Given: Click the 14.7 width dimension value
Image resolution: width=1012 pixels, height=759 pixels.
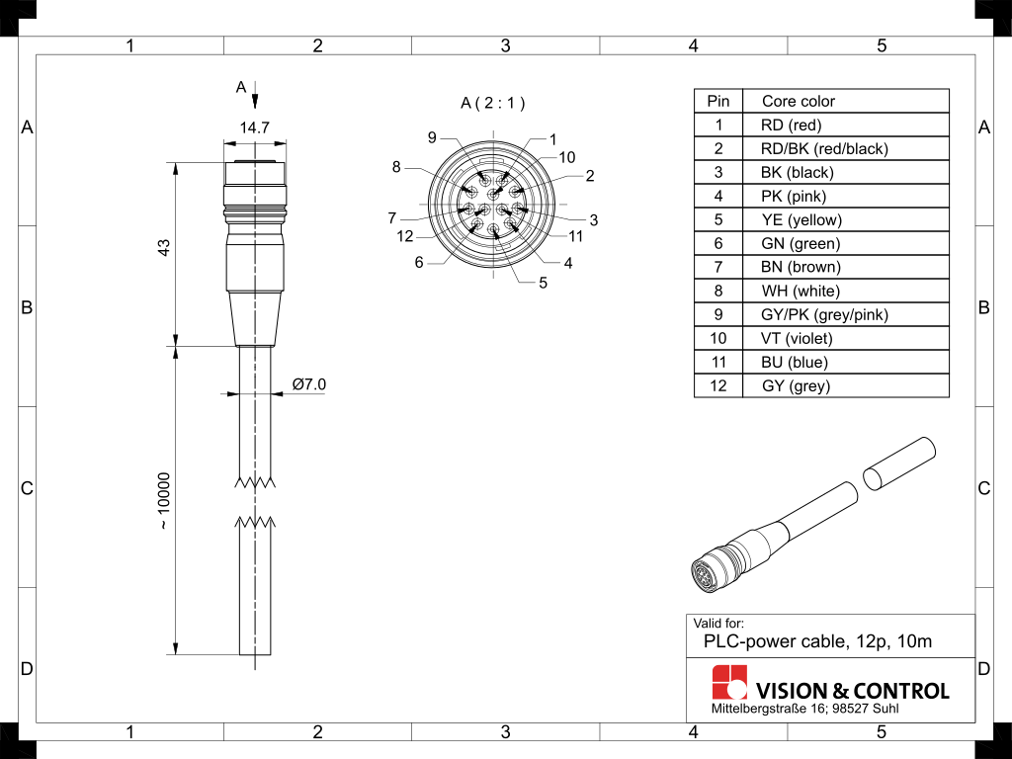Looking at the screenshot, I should tap(255, 127).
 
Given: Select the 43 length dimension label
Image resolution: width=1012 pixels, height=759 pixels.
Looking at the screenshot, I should tap(165, 248).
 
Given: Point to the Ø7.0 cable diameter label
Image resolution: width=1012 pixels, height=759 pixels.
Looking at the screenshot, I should tap(308, 384).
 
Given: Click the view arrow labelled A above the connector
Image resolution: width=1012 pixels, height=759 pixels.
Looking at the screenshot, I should tap(255, 98).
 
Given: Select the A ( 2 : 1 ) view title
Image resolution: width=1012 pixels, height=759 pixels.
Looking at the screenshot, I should tap(493, 103).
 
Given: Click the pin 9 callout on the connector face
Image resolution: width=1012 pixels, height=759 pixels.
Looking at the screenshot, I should tap(432, 137).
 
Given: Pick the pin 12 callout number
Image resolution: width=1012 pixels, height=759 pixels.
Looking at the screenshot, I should tap(405, 236).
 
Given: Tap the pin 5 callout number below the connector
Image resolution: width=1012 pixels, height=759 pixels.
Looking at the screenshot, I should tap(543, 284).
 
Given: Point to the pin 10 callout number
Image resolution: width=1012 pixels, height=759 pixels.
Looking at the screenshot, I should tap(566, 157).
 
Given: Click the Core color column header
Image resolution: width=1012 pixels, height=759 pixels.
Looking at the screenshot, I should tap(798, 101).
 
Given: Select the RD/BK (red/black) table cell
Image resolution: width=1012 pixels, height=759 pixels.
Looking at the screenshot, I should tap(824, 148).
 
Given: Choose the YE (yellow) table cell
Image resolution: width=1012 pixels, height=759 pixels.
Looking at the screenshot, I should tap(801, 219).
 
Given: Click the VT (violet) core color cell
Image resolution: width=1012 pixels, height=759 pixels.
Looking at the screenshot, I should tap(797, 338).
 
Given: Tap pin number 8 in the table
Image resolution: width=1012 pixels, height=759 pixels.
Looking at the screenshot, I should tap(718, 291).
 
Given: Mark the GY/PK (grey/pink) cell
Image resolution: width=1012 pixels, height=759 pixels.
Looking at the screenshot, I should tap(824, 314).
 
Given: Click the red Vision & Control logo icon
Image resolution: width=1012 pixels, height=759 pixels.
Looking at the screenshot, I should tap(729, 682).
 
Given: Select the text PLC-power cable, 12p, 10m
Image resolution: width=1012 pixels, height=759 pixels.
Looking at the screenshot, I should tap(816, 641).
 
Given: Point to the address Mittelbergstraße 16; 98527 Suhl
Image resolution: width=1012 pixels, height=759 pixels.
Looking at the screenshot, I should tap(805, 710).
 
